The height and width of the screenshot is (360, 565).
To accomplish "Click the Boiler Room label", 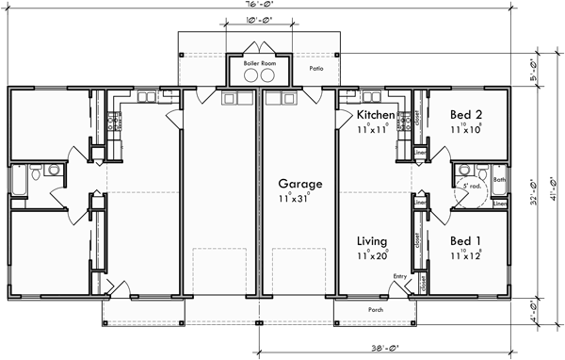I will coord(258,63).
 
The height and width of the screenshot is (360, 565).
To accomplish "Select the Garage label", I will coord(300,185).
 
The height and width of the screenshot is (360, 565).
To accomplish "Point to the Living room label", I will coord(373,242).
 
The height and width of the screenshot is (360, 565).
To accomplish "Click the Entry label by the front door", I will coord(400,276).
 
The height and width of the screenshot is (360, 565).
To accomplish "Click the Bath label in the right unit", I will coord(499,179).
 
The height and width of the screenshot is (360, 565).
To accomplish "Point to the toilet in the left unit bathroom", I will coord(34,173).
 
